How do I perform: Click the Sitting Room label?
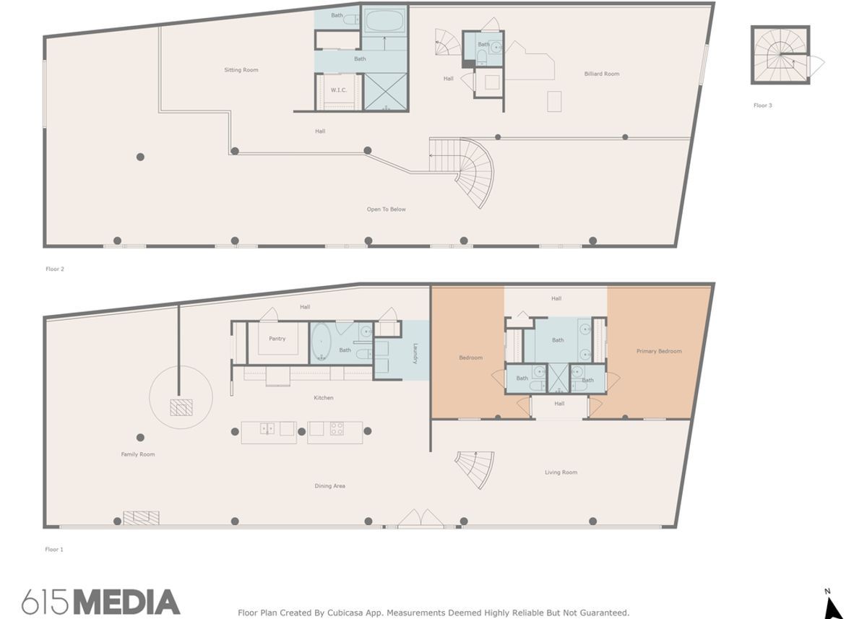pyautogui.click(x=241, y=70)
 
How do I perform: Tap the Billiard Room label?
pyautogui.click(x=602, y=74)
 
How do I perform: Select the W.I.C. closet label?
pyautogui.click(x=338, y=90)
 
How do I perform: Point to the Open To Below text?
pyautogui.click(x=387, y=209)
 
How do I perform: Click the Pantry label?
pyautogui.click(x=277, y=339)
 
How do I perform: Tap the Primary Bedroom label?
pyautogui.click(x=659, y=352)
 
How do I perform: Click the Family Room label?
pyautogui.click(x=138, y=454)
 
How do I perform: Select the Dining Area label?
pyautogui.click(x=329, y=486)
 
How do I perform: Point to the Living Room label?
pyautogui.click(x=561, y=472)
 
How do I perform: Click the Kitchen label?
pyautogui.click(x=324, y=398)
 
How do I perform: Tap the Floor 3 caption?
pyautogui.click(x=762, y=105)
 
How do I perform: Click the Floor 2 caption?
pyautogui.click(x=55, y=269)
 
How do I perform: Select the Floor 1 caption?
pyautogui.click(x=54, y=550)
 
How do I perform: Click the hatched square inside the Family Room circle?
pyautogui.click(x=181, y=407)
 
